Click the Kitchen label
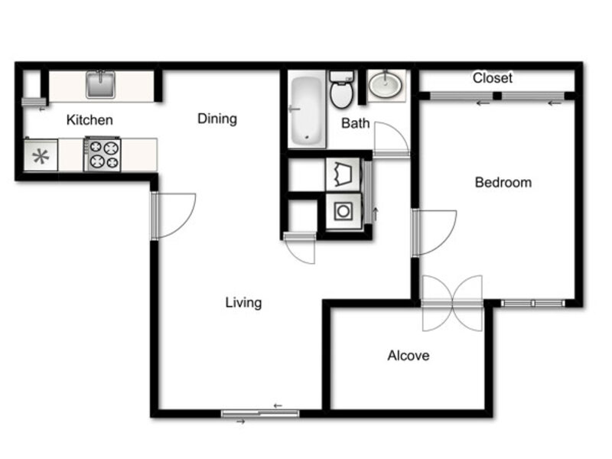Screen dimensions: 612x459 pyautogui.click(x=90, y=120)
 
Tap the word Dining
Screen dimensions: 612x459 pyautogui.click(x=217, y=119)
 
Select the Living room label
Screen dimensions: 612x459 pyautogui.click(x=243, y=302)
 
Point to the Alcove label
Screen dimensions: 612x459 pyautogui.click(x=409, y=355)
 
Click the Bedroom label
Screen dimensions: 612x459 pyautogui.click(x=503, y=182)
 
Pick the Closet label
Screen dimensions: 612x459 pyautogui.click(x=493, y=78)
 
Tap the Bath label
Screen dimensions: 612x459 pyautogui.click(x=355, y=123)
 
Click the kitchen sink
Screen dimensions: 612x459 pyautogui.click(x=101, y=84)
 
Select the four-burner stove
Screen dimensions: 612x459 pyautogui.click(x=103, y=154)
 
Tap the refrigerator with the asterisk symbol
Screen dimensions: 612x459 pyautogui.click(x=41, y=155)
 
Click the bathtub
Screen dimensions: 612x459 pyautogui.click(x=307, y=109)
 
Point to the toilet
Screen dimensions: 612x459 pyautogui.click(x=342, y=90)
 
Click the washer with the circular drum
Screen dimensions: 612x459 pyautogui.click(x=343, y=211)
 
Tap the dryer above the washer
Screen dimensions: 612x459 pyautogui.click(x=343, y=174)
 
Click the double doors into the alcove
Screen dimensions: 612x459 pyautogui.click(x=452, y=303)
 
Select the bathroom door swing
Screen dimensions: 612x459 pyautogui.click(x=392, y=139)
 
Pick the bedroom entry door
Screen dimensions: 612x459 pyautogui.click(x=435, y=233)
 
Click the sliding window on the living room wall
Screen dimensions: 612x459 pyautogui.click(x=260, y=414)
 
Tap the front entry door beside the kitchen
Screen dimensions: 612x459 pyautogui.click(x=174, y=216)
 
